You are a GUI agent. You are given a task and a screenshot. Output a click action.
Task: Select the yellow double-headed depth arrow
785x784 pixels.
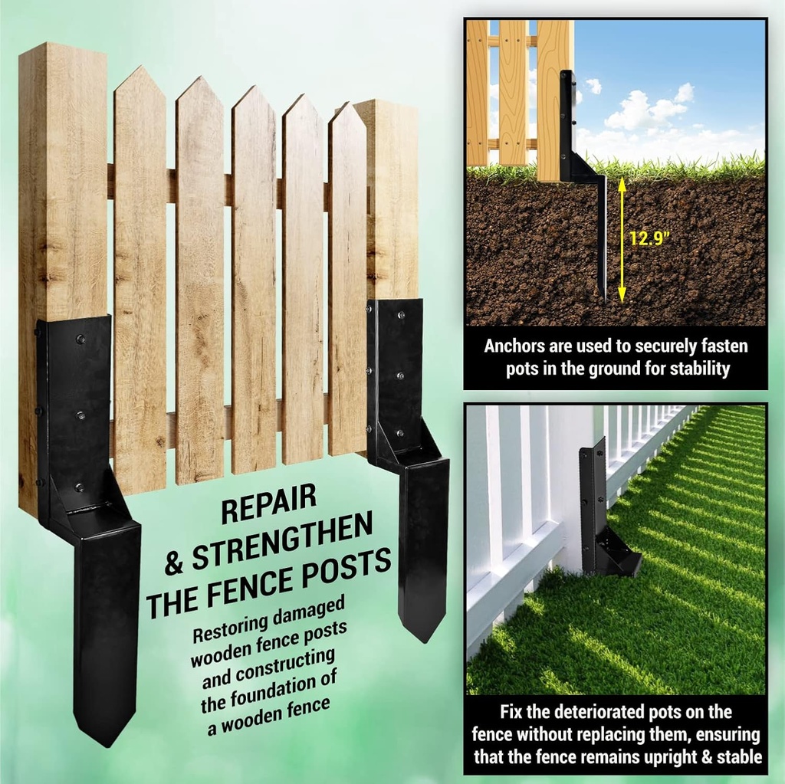point(622,239)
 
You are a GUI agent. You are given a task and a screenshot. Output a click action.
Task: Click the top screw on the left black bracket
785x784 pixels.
point(79,336)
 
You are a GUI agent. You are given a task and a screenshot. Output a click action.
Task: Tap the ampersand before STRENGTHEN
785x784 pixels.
point(175,565)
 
